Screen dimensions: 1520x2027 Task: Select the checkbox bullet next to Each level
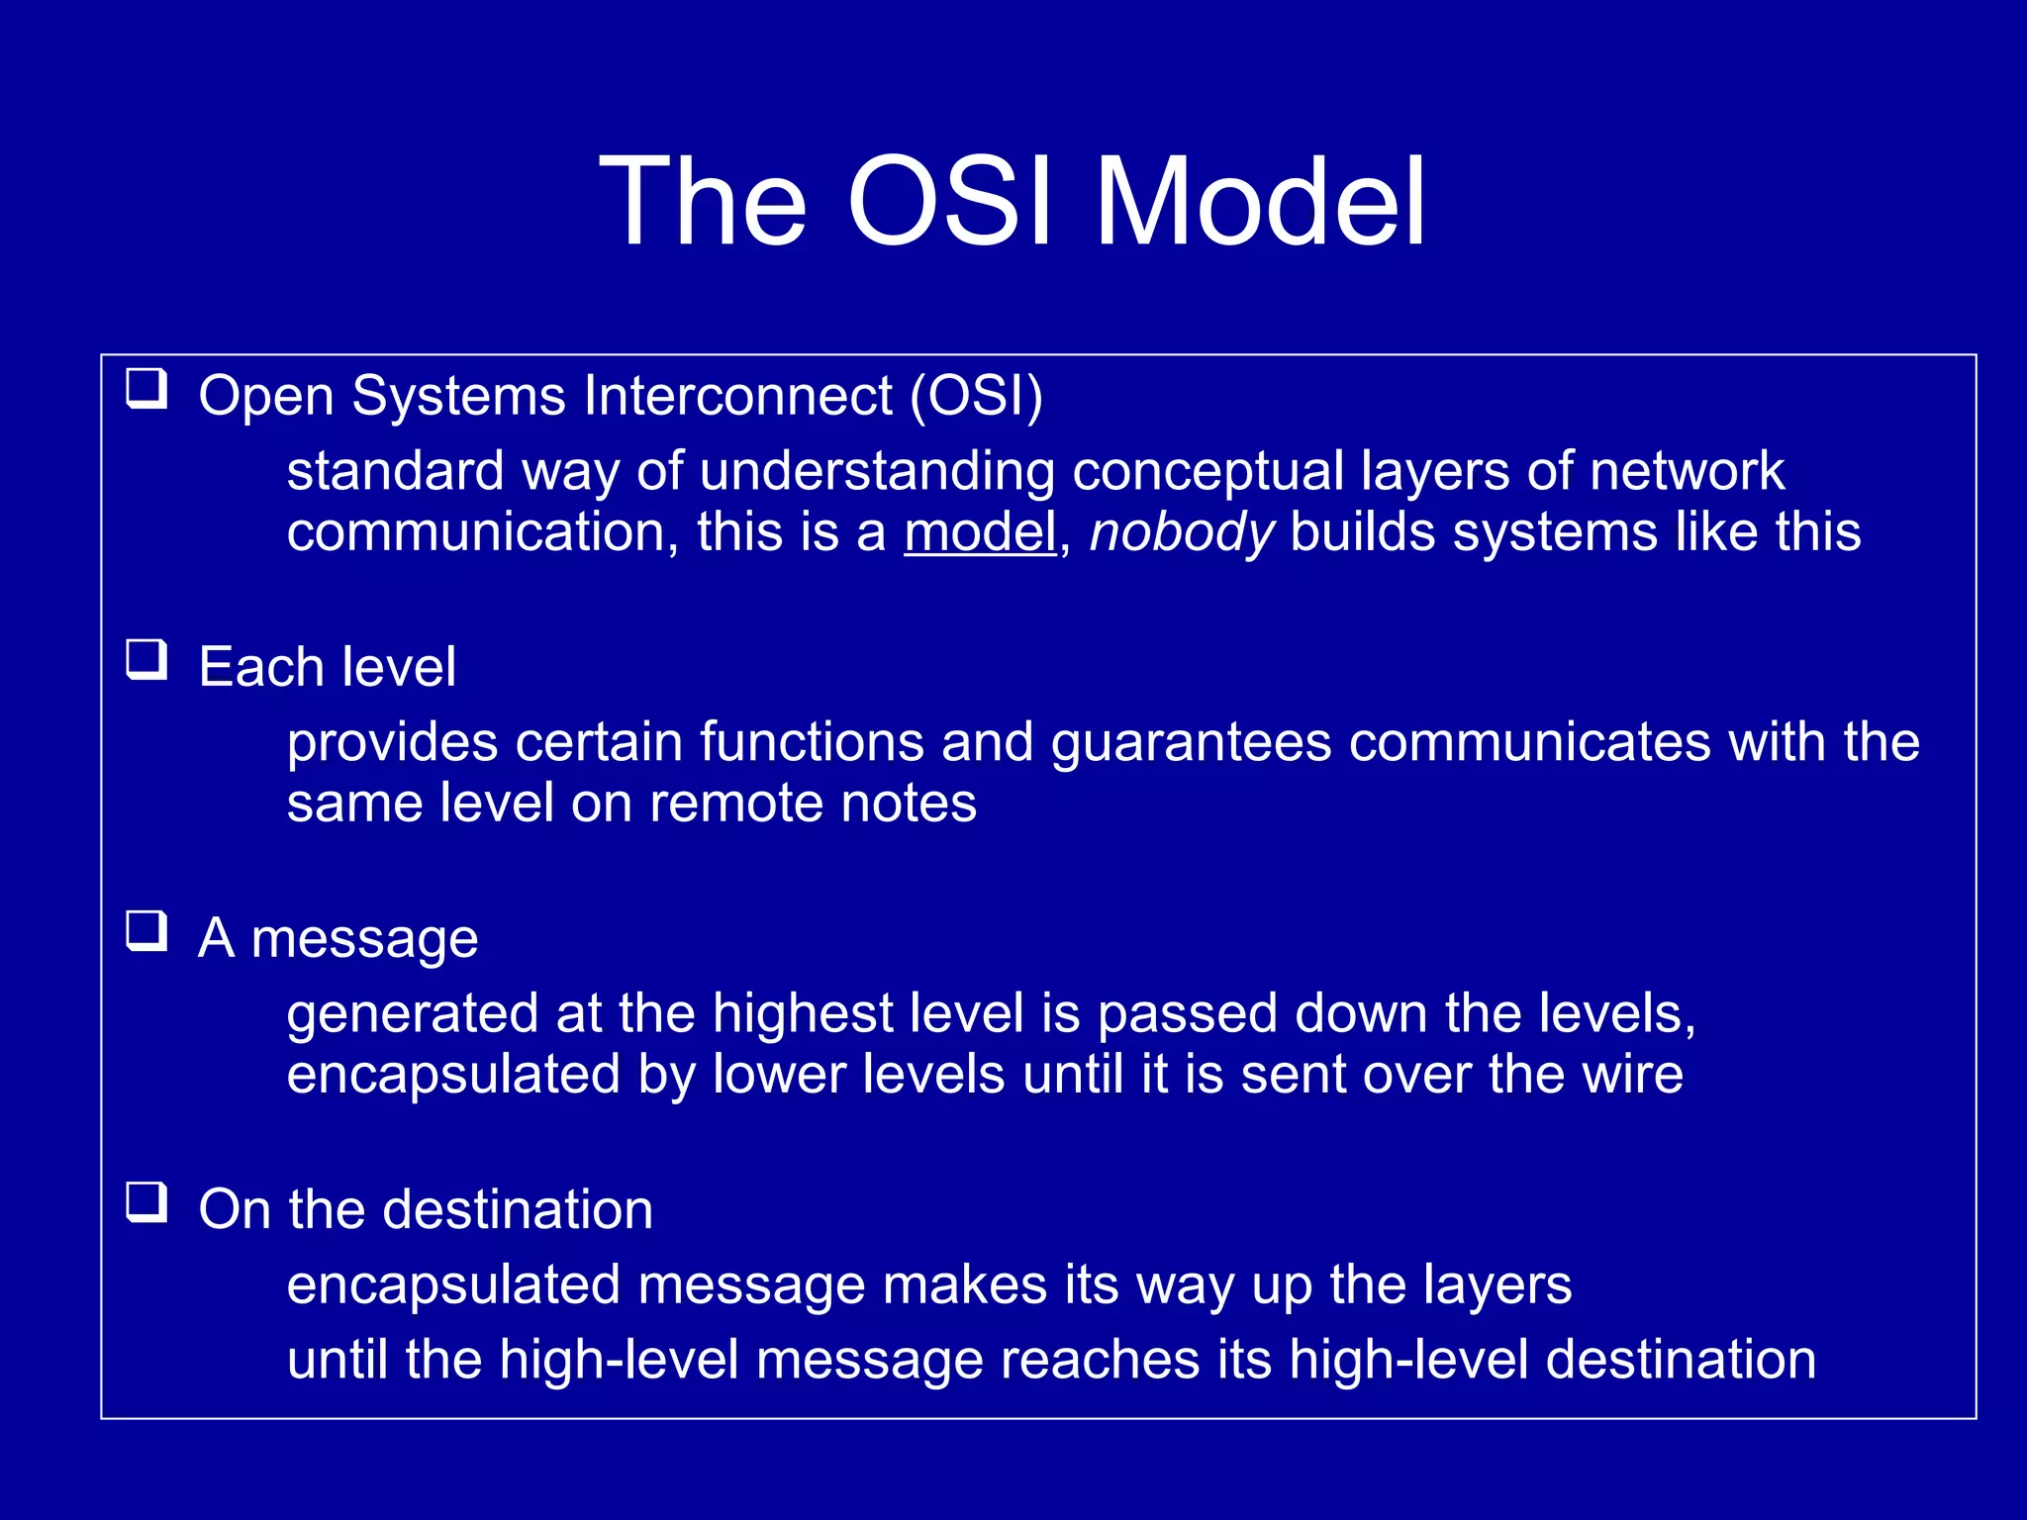[146, 660]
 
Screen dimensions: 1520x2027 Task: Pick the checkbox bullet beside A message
[146, 931]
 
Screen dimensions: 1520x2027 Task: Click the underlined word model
[980, 532]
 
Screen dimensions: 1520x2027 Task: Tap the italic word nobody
[1181, 532]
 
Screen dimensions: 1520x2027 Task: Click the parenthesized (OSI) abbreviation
[976, 396]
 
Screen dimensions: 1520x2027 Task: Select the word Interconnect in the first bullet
[737, 396]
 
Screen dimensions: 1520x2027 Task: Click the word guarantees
[1191, 742]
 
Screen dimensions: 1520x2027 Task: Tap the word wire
[1632, 1075]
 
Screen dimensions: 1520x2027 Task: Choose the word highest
[803, 1013]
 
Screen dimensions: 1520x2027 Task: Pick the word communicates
[1529, 742]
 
